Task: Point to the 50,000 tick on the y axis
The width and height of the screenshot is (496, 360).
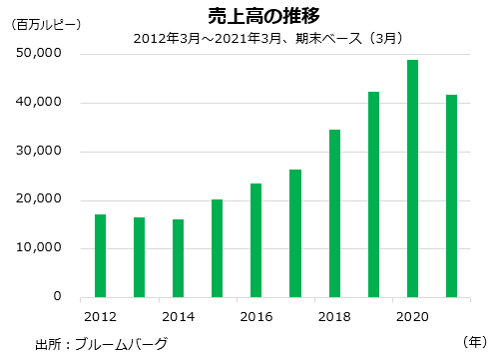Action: click(42, 54)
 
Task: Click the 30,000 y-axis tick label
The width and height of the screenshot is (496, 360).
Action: click(42, 152)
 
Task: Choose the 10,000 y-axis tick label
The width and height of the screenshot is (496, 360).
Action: click(42, 248)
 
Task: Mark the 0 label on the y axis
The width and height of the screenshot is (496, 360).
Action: click(58, 297)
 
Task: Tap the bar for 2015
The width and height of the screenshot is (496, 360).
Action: click(217, 248)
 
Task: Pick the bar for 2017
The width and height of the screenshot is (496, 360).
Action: click(295, 233)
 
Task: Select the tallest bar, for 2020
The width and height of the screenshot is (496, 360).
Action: click(412, 179)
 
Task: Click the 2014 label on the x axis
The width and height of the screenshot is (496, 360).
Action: click(178, 316)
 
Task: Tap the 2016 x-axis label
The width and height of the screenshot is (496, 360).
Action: click(256, 316)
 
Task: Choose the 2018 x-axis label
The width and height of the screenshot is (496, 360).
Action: click(334, 316)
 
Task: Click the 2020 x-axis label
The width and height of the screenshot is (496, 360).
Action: click(412, 316)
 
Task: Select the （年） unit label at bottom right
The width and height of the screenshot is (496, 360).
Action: click(474, 340)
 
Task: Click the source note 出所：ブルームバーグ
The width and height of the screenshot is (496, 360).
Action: click(101, 344)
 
